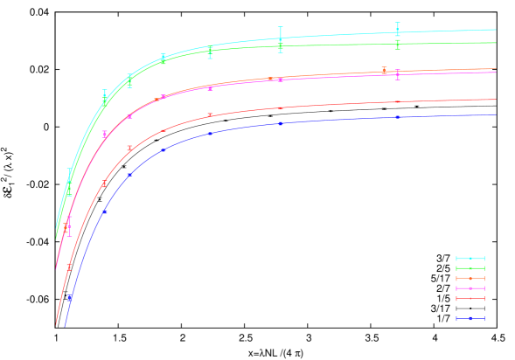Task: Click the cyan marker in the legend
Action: coord(470,259)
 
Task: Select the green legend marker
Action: coord(470,268)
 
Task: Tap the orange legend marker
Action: coord(470,279)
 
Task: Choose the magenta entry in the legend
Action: coord(470,288)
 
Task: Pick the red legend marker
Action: coord(470,299)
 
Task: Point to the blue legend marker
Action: coord(470,319)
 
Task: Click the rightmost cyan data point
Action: coord(397,30)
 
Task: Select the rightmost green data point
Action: coord(397,45)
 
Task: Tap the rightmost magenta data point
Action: coord(397,74)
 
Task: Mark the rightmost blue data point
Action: coord(397,117)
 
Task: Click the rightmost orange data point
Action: coord(384,71)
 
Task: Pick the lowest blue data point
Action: coord(70,298)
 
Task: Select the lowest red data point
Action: coord(70,266)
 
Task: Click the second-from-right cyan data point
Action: coord(281,38)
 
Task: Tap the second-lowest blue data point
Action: coord(104,212)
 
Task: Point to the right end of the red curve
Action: coord(496,100)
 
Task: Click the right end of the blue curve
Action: coord(496,114)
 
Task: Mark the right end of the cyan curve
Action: coord(496,30)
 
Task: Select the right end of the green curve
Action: coord(496,43)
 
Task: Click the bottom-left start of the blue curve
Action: coord(65,326)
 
